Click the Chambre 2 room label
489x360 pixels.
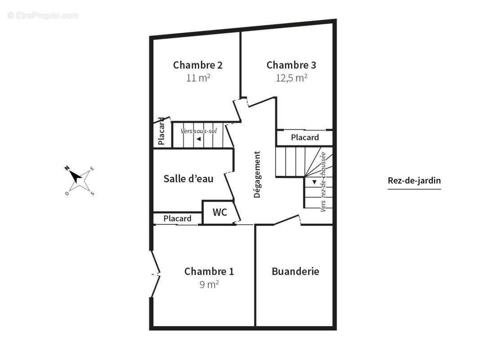pos(198,65)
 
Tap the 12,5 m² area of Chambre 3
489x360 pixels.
pos(292,78)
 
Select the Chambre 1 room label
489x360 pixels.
pos(209,271)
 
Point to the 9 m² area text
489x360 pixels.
pos(209,284)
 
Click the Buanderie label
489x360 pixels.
pos(295,271)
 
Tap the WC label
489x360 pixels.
pos(220,212)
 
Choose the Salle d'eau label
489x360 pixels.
pos(188,179)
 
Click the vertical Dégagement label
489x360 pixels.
pos(257,175)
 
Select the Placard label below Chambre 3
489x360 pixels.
pos(305,138)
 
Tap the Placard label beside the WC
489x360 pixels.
pos(177,218)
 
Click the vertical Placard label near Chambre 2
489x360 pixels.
pos(161,131)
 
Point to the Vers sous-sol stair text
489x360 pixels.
pos(199,131)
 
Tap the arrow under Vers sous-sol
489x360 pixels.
pos(199,139)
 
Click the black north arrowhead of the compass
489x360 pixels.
pos(75,176)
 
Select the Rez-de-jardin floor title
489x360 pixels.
pos(414,180)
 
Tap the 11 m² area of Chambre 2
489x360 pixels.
pos(198,78)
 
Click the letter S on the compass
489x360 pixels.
pos(92,194)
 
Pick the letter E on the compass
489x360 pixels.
pos(92,169)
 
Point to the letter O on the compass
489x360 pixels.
pos(67,193)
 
